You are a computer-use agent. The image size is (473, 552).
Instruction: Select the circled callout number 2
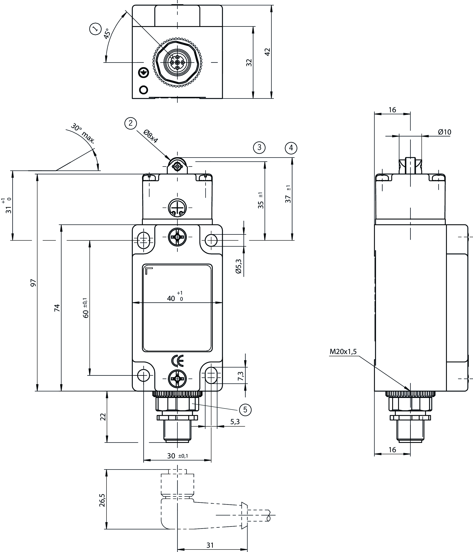click(x=130, y=123)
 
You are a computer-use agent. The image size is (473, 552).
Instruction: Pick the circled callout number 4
click(x=291, y=148)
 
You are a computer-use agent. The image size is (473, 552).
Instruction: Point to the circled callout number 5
click(x=245, y=410)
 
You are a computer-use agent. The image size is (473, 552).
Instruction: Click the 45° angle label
click(x=107, y=34)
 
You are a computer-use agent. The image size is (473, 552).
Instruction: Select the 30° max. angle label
click(x=83, y=133)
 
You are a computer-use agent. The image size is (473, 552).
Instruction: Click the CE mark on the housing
click(x=177, y=361)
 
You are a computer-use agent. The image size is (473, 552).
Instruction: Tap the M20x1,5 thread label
click(x=343, y=352)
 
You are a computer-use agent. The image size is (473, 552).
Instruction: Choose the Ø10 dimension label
click(x=444, y=132)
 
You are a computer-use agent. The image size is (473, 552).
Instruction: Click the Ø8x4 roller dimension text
click(x=151, y=136)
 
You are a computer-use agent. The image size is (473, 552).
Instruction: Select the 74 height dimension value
click(x=57, y=308)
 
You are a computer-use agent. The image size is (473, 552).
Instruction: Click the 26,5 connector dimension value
click(x=102, y=500)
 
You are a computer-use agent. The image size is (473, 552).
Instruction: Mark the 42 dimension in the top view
click(x=267, y=52)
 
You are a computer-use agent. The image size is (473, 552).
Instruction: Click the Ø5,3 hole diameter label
click(x=238, y=266)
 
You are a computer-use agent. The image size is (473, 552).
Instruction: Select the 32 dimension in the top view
click(x=249, y=63)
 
